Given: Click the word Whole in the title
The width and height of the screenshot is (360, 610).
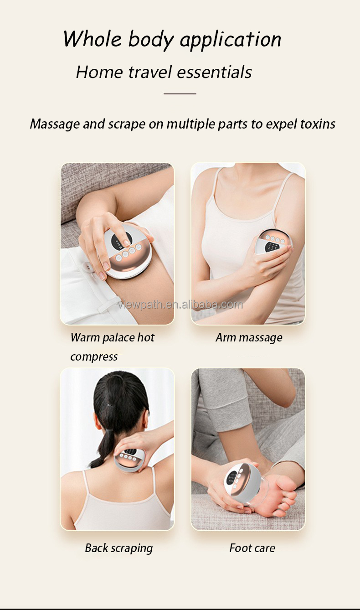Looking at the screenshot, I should tap(93, 39).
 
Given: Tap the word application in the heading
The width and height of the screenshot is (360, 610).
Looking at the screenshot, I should tap(230, 40).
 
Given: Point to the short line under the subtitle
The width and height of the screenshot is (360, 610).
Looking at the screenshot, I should tap(180, 93).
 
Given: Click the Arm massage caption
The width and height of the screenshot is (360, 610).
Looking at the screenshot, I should tap(249, 338).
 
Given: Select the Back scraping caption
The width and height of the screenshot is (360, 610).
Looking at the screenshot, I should tap(118, 548).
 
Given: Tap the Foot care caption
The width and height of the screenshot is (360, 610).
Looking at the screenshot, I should tap(252, 548).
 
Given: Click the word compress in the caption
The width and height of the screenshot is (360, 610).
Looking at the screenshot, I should tap(94, 357).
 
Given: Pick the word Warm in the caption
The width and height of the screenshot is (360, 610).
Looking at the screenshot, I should tap(84, 338).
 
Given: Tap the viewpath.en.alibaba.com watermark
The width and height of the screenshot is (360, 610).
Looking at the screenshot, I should tap(180, 305).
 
